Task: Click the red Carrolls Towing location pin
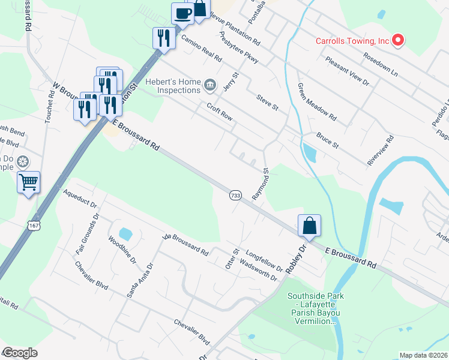pos(398,41)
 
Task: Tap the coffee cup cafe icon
pos(182,13)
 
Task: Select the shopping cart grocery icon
pos(29,182)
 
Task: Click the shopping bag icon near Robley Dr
pos(309,226)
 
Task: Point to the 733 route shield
pos(235,196)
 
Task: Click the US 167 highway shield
pos(34,224)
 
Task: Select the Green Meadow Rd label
pos(316,104)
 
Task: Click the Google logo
pos(20,353)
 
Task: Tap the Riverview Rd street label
pos(381,151)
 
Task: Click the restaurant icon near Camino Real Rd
pos(163,38)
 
